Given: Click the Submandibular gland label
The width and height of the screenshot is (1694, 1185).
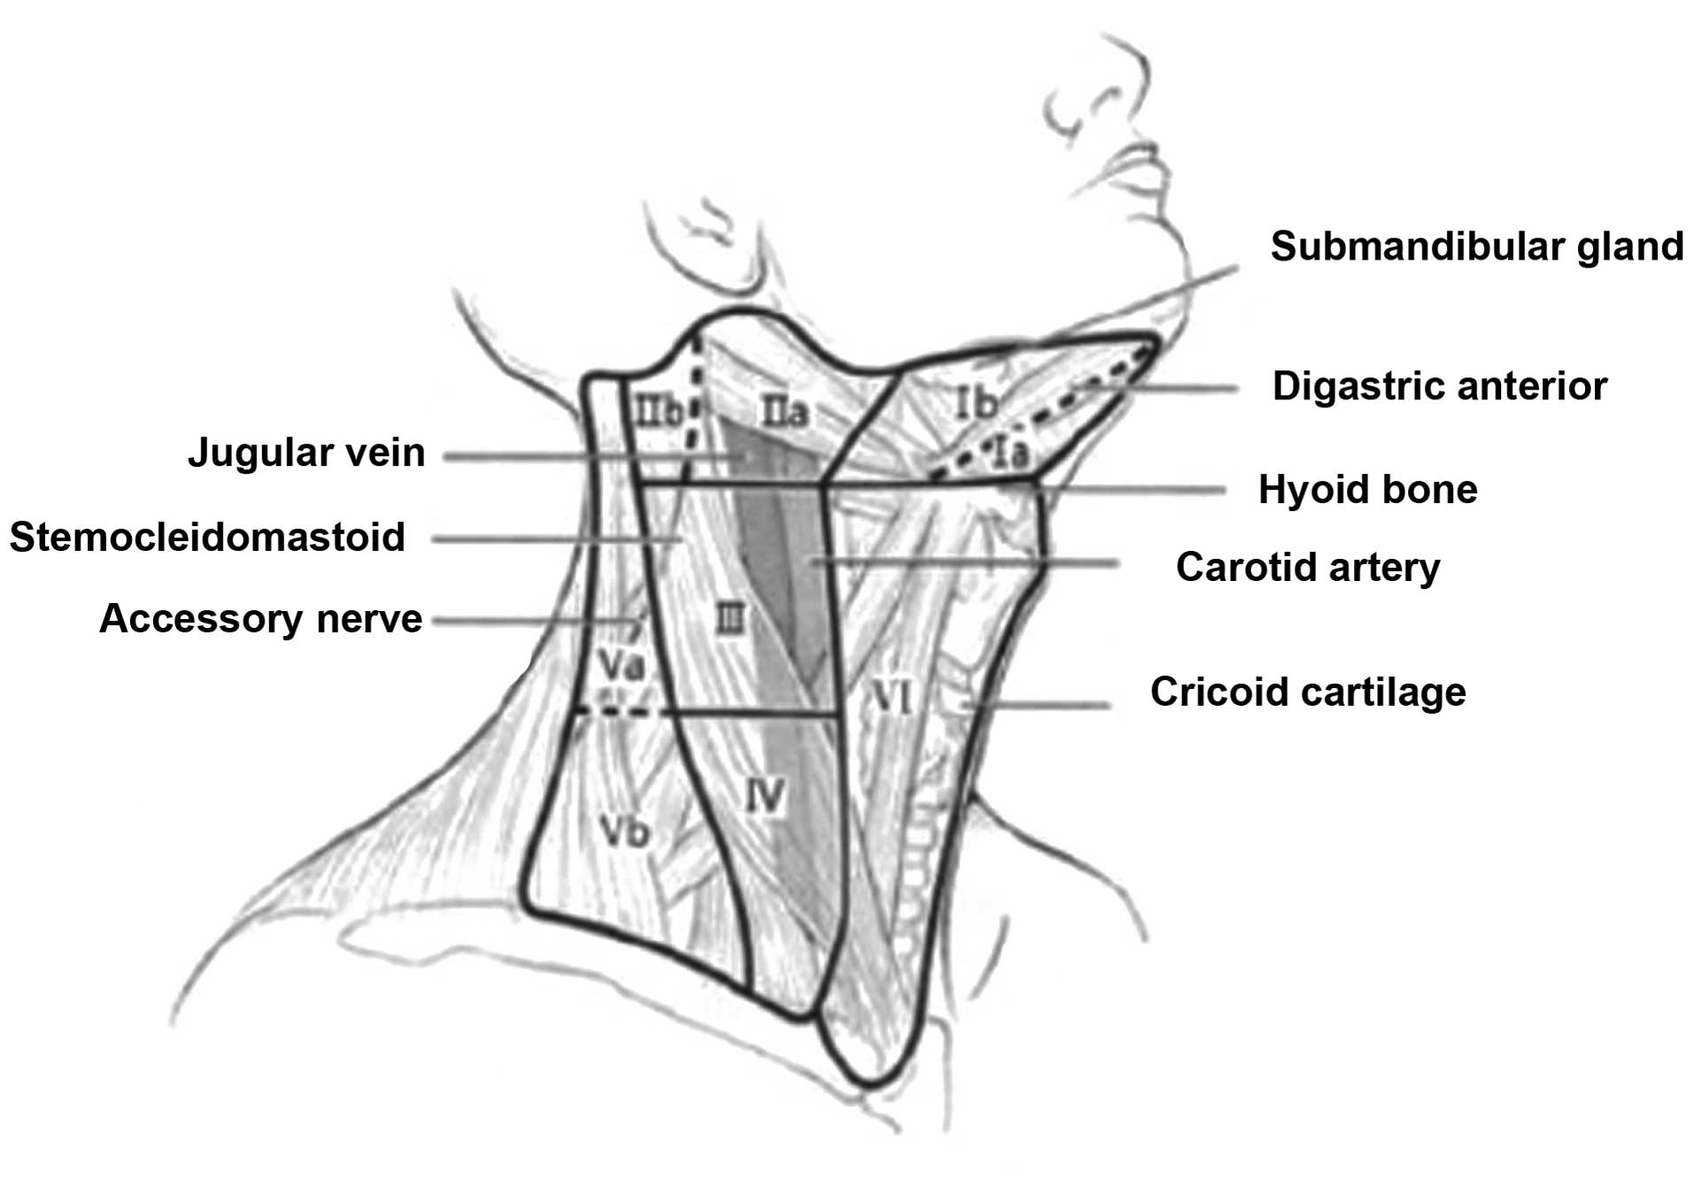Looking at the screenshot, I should tap(1476, 246).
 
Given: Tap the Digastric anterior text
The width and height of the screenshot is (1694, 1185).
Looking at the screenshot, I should tap(1439, 386).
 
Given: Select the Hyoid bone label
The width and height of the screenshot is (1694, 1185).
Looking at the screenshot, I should tap(1367, 490).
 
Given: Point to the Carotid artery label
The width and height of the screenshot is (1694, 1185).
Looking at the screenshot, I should tap(1307, 567).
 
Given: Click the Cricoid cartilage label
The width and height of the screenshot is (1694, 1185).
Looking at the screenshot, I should tap(1307, 692).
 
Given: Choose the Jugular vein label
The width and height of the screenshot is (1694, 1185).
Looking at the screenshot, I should tap(306, 453).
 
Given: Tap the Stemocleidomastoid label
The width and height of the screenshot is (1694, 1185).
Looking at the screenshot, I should tap(207, 537).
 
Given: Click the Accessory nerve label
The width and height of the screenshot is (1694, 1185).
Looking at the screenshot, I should tap(260, 618).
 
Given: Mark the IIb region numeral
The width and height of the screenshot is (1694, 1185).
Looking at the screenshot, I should tap(658, 410).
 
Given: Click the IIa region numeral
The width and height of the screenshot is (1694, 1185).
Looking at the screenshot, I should tap(785, 412).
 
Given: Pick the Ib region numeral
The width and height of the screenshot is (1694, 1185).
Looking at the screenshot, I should tap(976, 404).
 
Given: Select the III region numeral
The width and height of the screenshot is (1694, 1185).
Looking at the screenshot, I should tap(729, 618).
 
